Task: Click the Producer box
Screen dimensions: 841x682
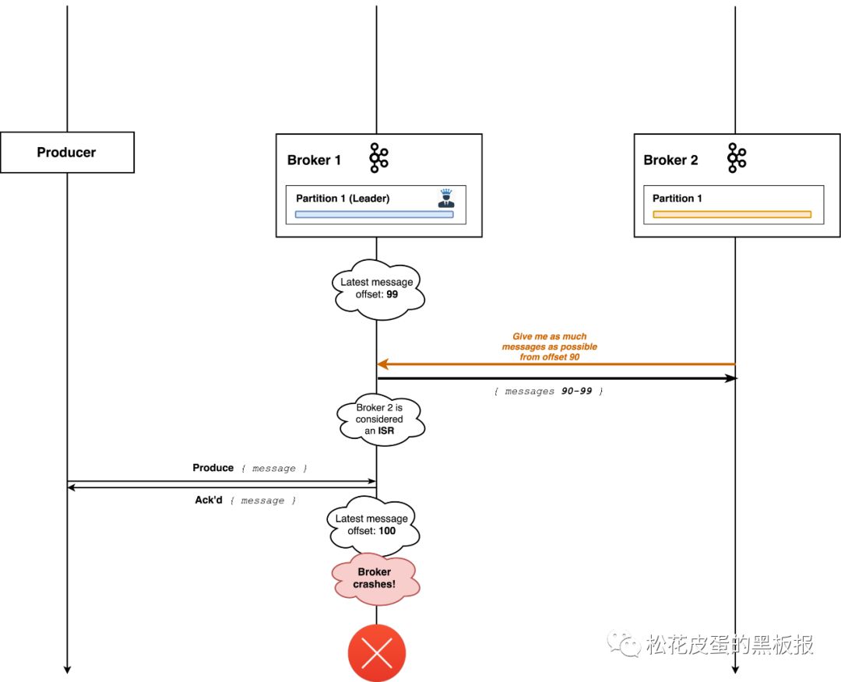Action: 67,153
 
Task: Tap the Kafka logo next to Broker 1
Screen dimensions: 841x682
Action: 378,157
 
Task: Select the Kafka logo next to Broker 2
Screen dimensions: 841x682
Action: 737,157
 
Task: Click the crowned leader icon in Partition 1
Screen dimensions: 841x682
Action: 446,198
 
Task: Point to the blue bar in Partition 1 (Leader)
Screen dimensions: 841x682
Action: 375,214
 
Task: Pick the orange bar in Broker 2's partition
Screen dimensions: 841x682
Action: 732,214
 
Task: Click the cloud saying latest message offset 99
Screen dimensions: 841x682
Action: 378,289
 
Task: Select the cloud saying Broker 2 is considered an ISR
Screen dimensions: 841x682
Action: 380,420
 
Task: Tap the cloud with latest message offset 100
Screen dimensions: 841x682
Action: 373,526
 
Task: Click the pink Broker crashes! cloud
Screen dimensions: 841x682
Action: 375,578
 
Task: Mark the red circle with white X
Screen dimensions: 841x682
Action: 377,653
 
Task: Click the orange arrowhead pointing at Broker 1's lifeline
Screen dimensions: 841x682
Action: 382,364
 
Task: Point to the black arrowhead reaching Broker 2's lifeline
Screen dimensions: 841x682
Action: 731,378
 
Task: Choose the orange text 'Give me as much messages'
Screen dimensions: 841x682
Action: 550,342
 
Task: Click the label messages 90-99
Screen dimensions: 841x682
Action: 548,392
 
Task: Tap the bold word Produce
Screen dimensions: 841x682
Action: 213,468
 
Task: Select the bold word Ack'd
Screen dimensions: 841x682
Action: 209,500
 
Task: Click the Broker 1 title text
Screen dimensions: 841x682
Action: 314,160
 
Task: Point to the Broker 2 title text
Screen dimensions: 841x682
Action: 671,160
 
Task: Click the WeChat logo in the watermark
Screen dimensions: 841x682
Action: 624,643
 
